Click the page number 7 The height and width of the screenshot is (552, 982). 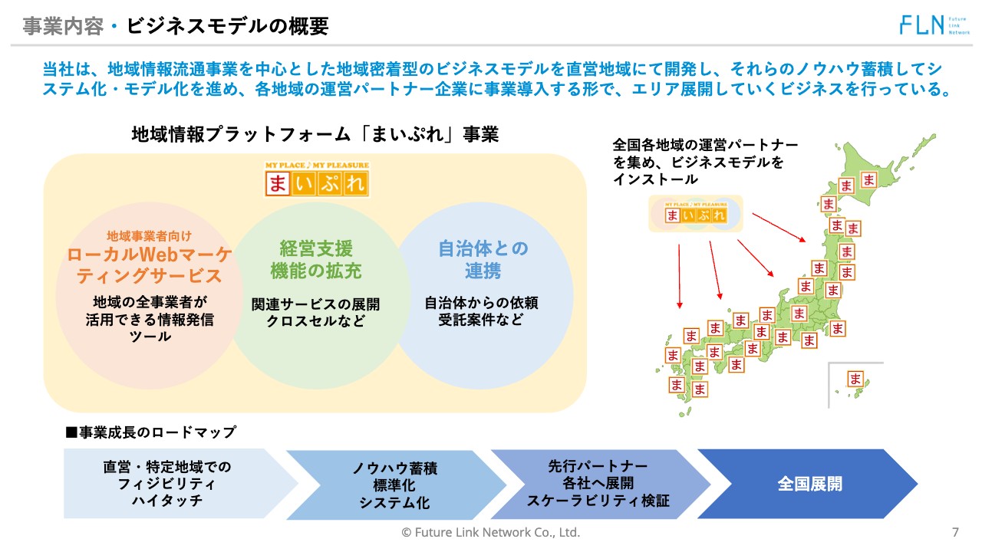[955, 532]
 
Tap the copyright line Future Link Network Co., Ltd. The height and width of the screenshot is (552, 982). [491, 532]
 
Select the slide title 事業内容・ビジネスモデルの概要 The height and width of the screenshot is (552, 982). [176, 27]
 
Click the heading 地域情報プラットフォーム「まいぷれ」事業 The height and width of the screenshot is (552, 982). [315, 135]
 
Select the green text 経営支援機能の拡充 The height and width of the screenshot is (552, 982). [316, 260]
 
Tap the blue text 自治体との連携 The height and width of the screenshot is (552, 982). [483, 260]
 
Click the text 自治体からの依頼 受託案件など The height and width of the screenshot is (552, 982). [482, 311]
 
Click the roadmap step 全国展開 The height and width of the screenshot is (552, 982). [809, 484]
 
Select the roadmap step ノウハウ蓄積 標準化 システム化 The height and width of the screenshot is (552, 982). [394, 485]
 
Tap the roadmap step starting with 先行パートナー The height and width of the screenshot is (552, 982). [598, 484]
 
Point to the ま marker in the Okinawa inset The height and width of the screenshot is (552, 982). [855, 379]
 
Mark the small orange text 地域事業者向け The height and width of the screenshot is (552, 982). [149, 235]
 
